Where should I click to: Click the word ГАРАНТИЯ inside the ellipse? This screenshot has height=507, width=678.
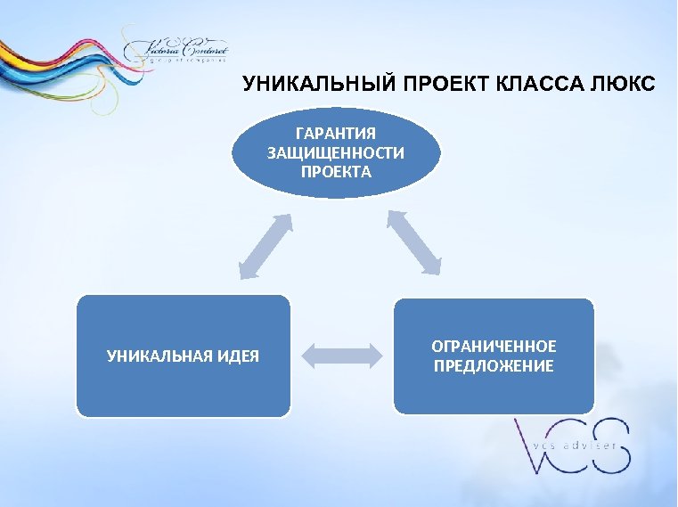(x=335, y=134)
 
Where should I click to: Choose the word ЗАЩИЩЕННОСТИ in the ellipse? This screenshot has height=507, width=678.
(x=335, y=152)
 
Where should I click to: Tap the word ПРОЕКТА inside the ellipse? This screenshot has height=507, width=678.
(x=335, y=171)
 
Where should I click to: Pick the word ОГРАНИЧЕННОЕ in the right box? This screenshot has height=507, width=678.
(x=493, y=346)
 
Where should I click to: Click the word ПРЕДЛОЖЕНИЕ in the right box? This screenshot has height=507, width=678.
(x=493, y=366)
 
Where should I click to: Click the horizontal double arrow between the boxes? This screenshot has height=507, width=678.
(x=342, y=356)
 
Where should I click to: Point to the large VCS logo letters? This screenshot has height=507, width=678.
(x=570, y=446)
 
